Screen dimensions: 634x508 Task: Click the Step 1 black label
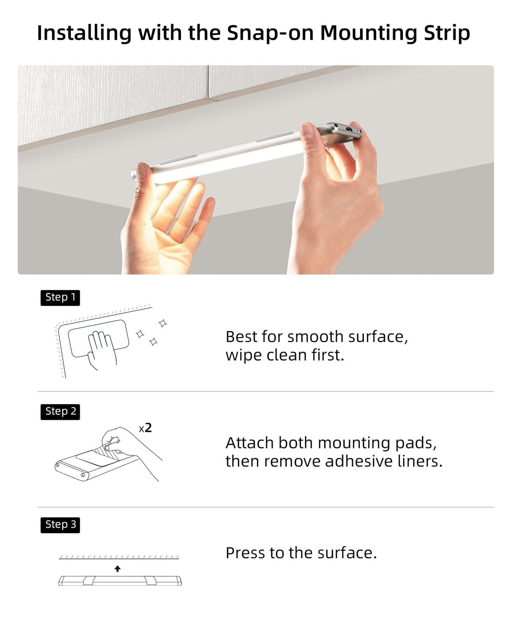(60, 298)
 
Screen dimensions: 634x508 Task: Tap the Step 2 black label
(60, 412)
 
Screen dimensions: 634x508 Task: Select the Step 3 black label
(60, 525)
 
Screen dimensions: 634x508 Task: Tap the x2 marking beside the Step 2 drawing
(145, 428)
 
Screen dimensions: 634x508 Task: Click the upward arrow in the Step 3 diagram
(118, 569)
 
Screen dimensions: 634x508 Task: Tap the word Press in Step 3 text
(245, 553)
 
